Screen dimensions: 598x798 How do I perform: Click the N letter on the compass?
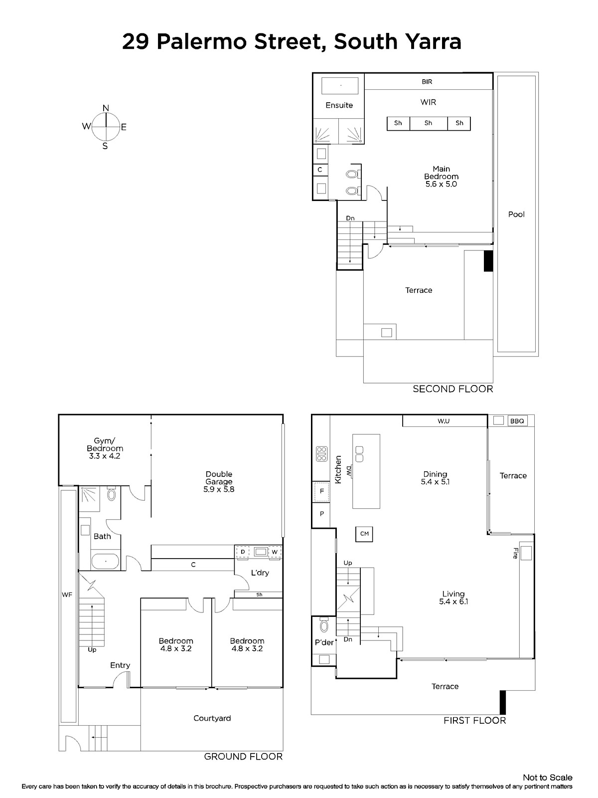[x=106, y=108]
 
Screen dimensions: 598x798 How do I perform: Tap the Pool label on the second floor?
[x=516, y=214]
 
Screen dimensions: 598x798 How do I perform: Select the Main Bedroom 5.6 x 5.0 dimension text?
[x=441, y=184]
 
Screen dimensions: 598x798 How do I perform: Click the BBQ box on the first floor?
[x=517, y=421]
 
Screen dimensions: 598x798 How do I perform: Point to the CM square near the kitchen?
[x=364, y=534]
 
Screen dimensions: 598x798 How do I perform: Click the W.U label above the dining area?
[x=444, y=421]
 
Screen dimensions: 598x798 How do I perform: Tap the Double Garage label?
[x=219, y=478]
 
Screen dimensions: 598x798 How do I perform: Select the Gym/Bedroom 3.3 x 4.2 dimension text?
[x=105, y=456]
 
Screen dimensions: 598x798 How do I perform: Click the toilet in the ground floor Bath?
[x=112, y=494]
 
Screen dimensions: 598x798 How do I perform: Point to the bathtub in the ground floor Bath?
[x=105, y=562]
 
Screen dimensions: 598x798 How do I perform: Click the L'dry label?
[x=260, y=573]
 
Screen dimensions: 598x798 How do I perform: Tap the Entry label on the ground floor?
[x=120, y=665]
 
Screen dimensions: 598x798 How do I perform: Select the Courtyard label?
[x=212, y=718]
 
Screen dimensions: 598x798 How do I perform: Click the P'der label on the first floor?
[x=324, y=642]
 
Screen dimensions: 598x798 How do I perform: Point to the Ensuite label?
[x=339, y=105]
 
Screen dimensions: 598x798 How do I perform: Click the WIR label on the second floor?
[x=428, y=102]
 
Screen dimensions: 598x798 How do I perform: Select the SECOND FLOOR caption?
[x=453, y=389]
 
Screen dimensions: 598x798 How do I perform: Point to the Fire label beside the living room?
[x=516, y=553]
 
